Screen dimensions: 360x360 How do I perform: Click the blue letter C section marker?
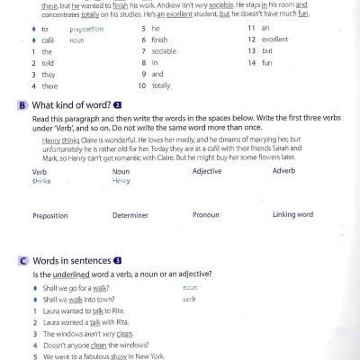22,260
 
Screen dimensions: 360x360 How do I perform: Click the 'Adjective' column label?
207,171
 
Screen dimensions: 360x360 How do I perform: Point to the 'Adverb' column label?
283,171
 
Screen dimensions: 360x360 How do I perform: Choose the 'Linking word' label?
292,215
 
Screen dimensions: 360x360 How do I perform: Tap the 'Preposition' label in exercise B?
50,216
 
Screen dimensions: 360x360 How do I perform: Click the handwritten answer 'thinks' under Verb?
41,180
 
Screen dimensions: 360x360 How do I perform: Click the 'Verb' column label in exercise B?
40,171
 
